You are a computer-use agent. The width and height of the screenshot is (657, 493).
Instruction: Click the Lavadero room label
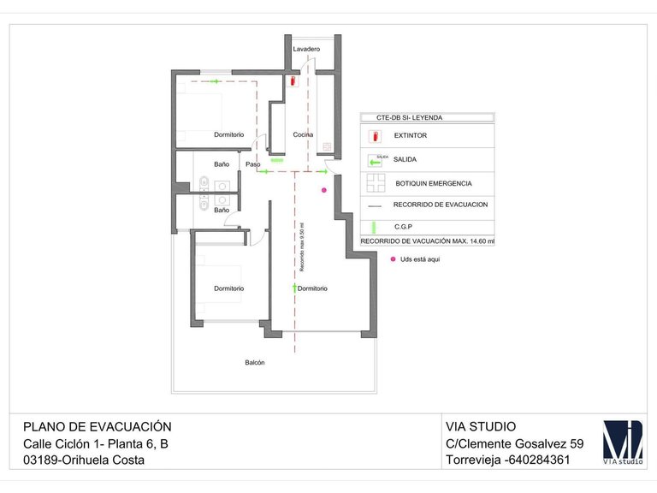306,50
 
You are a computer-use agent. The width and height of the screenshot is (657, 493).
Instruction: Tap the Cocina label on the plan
303,135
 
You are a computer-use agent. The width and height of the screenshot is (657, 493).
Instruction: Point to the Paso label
253,164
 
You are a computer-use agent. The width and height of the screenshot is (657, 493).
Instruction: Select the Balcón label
255,363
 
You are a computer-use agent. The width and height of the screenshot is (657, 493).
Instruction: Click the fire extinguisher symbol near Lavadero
293,80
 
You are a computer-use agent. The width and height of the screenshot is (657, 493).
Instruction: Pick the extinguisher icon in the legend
374,136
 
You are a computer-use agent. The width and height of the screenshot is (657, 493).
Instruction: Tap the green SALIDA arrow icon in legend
375,160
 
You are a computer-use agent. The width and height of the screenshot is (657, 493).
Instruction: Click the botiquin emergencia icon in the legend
376,183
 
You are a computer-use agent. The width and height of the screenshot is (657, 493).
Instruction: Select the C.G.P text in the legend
405,227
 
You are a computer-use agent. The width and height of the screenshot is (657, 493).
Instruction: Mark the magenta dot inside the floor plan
323,190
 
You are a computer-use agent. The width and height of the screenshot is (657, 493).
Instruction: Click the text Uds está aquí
420,258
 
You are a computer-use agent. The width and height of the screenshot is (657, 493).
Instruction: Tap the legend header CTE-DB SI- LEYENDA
410,117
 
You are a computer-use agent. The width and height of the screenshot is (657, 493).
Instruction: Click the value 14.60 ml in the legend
479,241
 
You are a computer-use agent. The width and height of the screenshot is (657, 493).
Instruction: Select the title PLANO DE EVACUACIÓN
98,426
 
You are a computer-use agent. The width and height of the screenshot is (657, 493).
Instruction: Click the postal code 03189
41,460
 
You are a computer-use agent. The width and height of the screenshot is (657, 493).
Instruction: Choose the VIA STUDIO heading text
481,426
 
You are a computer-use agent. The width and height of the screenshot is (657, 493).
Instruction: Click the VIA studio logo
623,442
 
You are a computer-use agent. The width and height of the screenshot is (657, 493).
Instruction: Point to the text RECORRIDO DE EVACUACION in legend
441,205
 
